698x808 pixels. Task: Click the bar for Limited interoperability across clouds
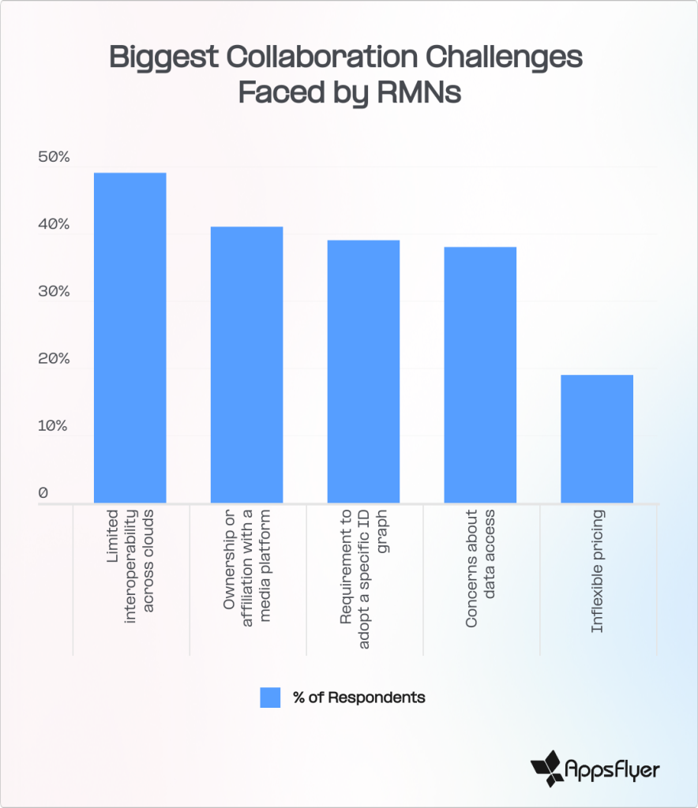click(129, 337)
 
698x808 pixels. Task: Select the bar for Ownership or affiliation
click(246, 365)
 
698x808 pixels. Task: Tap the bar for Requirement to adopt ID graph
click(363, 371)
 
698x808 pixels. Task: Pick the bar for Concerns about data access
click(480, 375)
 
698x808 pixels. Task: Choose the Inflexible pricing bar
click(597, 439)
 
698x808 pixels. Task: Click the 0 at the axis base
click(43, 493)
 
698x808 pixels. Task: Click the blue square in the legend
click(270, 698)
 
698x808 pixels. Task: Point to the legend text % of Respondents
click(358, 698)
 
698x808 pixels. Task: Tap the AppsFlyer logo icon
click(546, 766)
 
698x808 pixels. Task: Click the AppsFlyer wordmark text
click(613, 767)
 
